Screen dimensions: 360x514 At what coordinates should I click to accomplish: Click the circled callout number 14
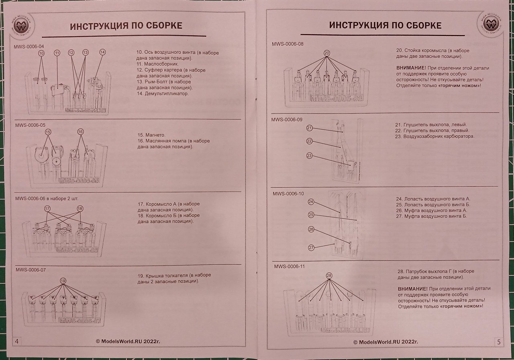(x=102, y=52)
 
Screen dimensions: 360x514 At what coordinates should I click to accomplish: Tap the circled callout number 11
(x=57, y=53)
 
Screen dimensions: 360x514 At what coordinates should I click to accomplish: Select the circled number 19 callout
(x=63, y=281)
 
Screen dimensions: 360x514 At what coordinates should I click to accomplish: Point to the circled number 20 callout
(x=326, y=53)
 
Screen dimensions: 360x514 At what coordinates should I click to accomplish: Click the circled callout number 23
(x=309, y=155)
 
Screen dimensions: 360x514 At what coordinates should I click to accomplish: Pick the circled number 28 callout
(x=329, y=275)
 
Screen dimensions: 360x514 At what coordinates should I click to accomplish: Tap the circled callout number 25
(x=311, y=215)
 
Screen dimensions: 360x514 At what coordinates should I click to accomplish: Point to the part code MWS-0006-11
(x=289, y=266)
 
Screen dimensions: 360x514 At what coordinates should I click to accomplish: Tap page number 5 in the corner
(x=499, y=342)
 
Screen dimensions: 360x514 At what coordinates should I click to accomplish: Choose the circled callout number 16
(x=80, y=132)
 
